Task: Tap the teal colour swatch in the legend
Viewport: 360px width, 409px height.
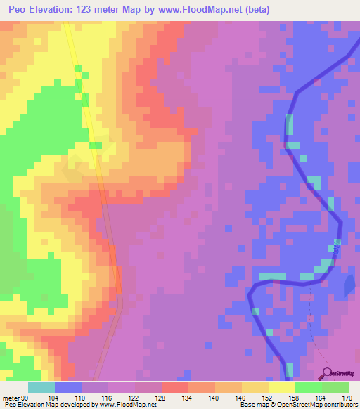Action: click(x=41, y=387)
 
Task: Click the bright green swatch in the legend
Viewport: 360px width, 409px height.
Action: click(x=308, y=387)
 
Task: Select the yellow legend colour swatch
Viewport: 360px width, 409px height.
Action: click(x=281, y=387)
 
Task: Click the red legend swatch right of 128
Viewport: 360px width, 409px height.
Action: click(x=174, y=387)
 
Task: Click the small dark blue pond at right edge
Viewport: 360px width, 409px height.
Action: click(x=349, y=284)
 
